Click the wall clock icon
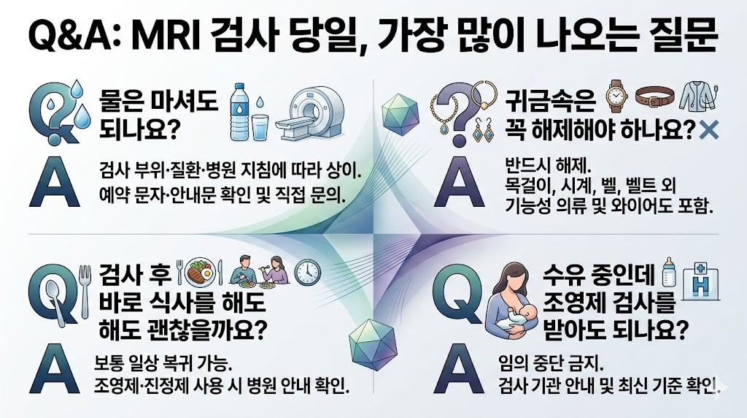pyautogui.click(x=307, y=272)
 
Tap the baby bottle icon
pyautogui.click(x=667, y=272)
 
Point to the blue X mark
pyautogui.click(x=709, y=132)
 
